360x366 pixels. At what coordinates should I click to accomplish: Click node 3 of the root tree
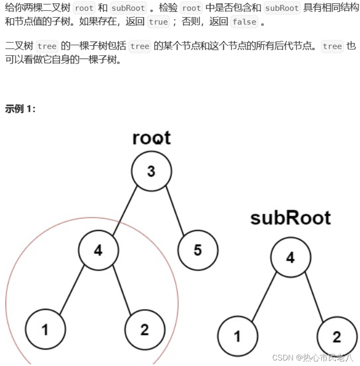point(151,171)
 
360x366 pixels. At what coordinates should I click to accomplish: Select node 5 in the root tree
point(198,250)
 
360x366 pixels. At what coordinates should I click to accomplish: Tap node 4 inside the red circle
point(98,250)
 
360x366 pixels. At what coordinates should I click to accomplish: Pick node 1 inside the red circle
point(45,330)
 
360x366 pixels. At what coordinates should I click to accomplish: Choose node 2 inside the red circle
point(145,330)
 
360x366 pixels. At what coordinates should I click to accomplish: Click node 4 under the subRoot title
point(290,257)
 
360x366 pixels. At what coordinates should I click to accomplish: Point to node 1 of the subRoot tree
point(237,336)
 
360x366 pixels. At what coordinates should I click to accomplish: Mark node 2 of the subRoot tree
point(337,336)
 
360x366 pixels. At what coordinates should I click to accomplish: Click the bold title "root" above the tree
point(151,138)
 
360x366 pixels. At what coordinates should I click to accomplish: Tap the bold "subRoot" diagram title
point(290,218)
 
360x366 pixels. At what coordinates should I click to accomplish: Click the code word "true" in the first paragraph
point(158,22)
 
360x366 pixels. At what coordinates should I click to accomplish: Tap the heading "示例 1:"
point(20,109)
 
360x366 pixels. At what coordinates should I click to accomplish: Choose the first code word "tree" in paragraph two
point(47,46)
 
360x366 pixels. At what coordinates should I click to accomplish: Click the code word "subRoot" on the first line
point(128,8)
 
